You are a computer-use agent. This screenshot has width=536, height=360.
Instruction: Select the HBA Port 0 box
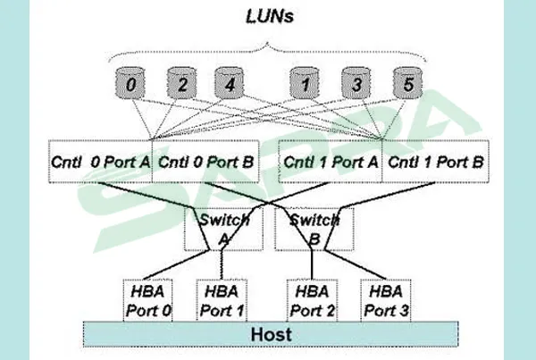pyautogui.click(x=148, y=300)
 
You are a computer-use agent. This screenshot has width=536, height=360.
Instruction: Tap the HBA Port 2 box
pyautogui.click(x=313, y=300)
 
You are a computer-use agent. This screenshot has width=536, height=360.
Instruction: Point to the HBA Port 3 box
pyautogui.click(x=385, y=300)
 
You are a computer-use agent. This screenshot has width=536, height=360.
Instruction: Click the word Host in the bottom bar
pyautogui.click(x=268, y=334)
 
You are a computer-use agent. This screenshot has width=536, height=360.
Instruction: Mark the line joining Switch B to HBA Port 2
pyautogui.click(x=311, y=265)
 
